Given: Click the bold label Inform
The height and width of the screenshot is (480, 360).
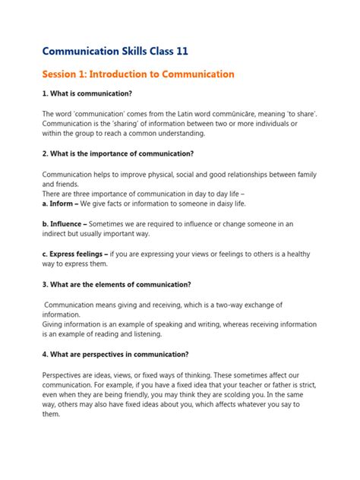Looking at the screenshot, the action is pyautogui.click(x=63, y=204).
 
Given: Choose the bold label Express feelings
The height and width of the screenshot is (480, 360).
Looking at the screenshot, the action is pyautogui.click(x=79, y=254).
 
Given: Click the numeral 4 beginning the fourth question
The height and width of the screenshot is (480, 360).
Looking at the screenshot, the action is pyautogui.click(x=45, y=355).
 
